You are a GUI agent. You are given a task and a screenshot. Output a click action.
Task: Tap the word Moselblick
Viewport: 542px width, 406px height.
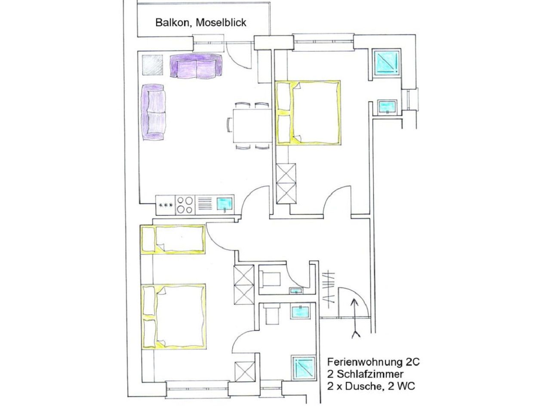click(221, 23)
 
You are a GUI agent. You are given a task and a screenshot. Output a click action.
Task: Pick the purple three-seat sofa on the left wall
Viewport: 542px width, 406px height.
click(153, 112)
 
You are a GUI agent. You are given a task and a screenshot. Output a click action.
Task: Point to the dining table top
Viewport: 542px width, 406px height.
click(252, 125)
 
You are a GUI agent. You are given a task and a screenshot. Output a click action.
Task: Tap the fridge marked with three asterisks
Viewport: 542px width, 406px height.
click(166, 205)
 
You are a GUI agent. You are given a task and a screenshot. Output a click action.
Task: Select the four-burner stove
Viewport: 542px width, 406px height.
click(185, 205)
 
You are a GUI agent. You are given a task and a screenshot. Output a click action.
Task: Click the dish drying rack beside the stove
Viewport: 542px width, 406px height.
click(205, 205)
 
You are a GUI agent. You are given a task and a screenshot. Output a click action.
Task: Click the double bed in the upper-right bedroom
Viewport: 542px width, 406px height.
click(308, 113)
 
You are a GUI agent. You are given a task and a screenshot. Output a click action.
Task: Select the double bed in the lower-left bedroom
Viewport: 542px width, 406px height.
click(174, 316)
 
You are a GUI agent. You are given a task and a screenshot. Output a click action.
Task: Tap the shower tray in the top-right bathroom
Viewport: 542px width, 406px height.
click(386, 64)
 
